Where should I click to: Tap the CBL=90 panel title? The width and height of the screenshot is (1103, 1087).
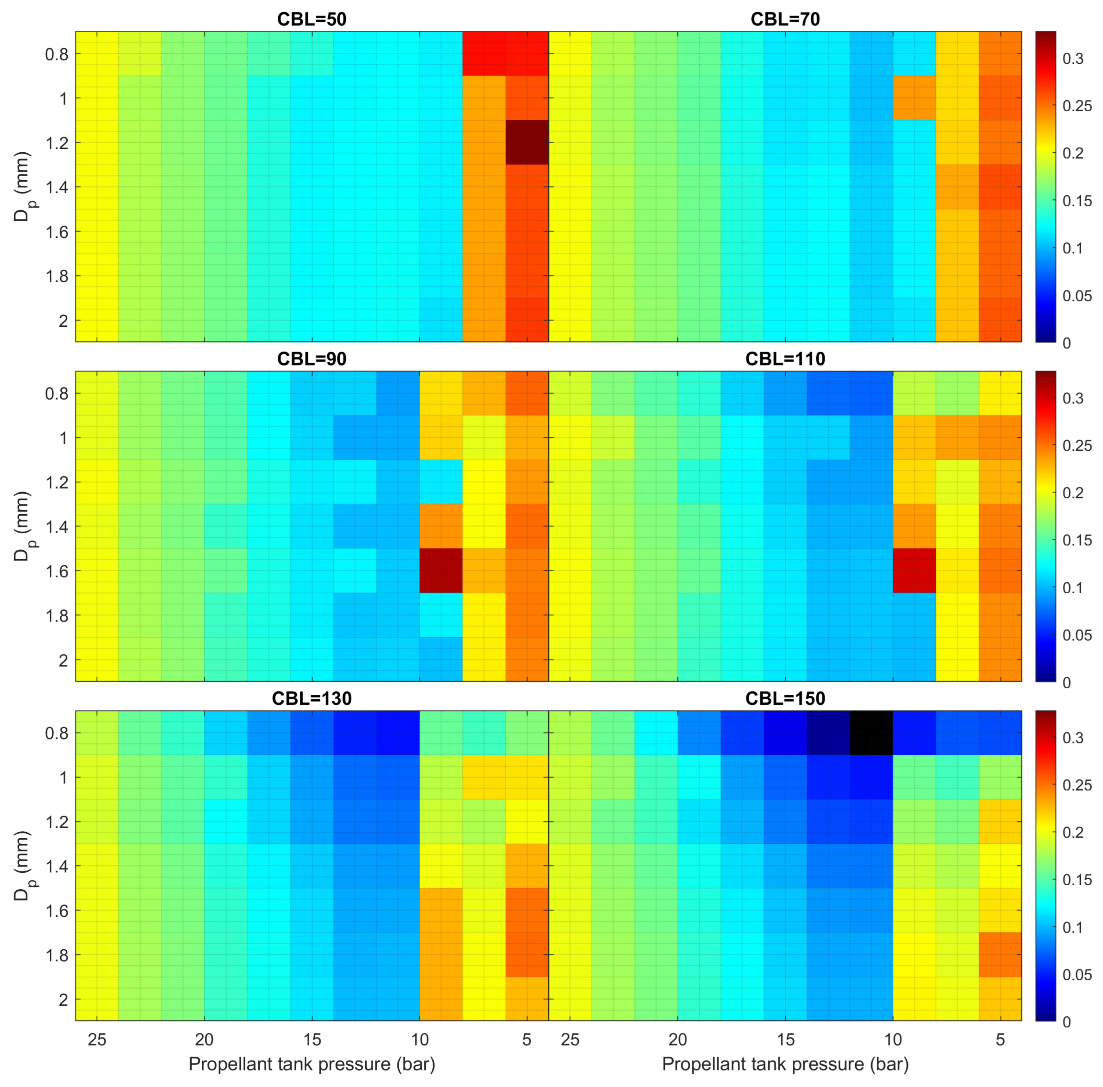click(312, 359)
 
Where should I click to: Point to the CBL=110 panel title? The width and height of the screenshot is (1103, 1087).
click(785, 359)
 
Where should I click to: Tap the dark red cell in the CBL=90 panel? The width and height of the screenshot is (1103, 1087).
click(441, 570)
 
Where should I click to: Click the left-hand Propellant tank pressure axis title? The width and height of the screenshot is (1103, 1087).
click(312, 1064)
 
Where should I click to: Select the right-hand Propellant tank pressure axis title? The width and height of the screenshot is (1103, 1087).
click(785, 1064)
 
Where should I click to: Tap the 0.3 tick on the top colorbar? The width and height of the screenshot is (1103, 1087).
click(1073, 59)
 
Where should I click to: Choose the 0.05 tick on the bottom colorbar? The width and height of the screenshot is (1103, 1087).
click(1077, 975)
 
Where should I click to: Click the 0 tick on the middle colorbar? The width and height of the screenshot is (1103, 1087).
click(1066, 683)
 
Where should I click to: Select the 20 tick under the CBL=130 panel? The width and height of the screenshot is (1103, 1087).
click(204, 1039)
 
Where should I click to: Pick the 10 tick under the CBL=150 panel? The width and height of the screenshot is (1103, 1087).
click(893, 1039)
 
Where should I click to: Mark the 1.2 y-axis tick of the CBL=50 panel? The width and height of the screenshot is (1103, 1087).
click(56, 143)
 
